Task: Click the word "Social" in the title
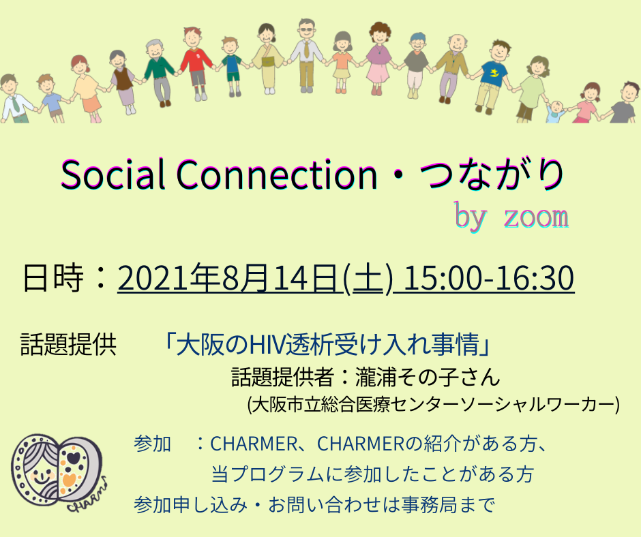coord(113,174)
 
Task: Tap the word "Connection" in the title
coord(277,174)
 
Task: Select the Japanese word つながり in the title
coord(492,174)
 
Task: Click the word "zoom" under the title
coord(536,217)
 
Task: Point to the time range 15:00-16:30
coord(489,278)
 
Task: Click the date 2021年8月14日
coord(228,278)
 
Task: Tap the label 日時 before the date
coord(53,278)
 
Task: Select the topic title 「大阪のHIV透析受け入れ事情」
coord(327,344)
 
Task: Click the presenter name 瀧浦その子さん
coord(428,376)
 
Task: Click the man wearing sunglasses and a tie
coord(305,55)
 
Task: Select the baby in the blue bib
coord(556,112)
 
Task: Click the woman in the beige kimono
coord(268,59)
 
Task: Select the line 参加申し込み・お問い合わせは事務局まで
coord(314,505)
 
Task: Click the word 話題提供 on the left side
coord(69,344)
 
